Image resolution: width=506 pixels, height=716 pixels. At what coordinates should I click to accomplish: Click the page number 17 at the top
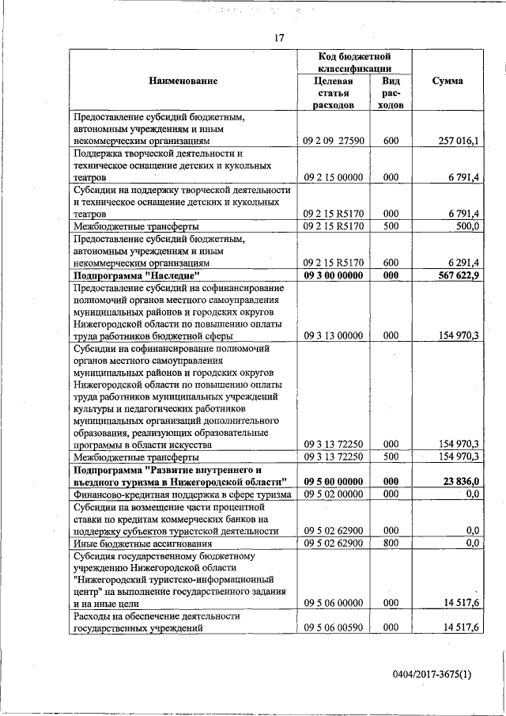(279, 38)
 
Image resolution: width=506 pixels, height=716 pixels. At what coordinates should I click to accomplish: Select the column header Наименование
(183, 81)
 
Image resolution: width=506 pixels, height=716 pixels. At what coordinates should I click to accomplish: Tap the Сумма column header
(447, 81)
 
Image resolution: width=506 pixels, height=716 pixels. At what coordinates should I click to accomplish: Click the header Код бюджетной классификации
(355, 63)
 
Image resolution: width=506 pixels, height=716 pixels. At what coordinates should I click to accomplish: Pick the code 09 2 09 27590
(333, 141)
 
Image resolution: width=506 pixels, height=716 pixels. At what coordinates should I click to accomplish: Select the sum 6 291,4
(462, 263)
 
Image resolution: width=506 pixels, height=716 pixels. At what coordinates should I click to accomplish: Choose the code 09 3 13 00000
(333, 335)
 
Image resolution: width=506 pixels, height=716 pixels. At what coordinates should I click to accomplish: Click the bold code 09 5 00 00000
(333, 481)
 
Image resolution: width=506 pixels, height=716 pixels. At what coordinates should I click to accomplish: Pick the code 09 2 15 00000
(333, 177)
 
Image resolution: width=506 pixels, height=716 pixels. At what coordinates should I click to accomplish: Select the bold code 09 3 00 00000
(333, 275)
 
